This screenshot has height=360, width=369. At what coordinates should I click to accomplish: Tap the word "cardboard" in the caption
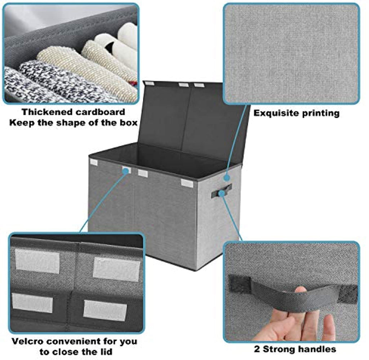coord(100,112)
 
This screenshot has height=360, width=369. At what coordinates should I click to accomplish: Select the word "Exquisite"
coord(275,113)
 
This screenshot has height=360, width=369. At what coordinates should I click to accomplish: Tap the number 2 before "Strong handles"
coord(257,349)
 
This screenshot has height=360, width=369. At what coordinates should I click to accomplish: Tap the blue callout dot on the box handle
coord(221,194)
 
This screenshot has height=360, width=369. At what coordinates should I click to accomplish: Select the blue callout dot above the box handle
coord(226,177)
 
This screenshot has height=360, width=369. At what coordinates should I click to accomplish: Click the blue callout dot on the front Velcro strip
coord(126,170)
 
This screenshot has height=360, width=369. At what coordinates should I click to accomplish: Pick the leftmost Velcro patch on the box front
coord(94,162)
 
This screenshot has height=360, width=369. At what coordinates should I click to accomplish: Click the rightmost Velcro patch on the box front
coord(187,183)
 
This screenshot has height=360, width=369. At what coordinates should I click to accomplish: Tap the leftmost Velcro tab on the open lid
coord(149,83)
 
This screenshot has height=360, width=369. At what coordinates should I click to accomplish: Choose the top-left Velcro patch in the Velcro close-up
coord(37,261)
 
